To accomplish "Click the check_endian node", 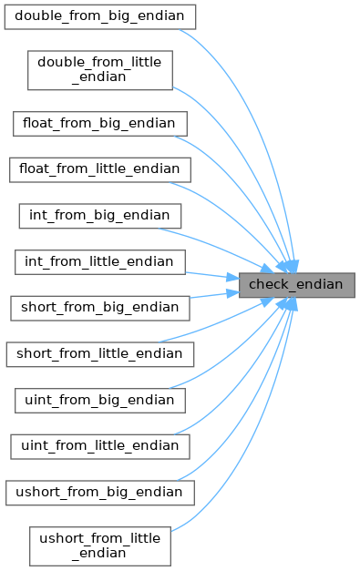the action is tap(296, 285).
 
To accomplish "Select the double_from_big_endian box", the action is tap(100, 16).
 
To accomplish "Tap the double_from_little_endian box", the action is tap(100, 70).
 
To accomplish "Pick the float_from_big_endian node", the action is tap(100, 124).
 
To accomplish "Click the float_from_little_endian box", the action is tap(100, 170).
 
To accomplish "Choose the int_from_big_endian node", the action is tap(100, 216).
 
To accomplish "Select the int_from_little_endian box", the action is tap(100, 262).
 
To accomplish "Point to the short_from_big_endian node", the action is tap(100, 308).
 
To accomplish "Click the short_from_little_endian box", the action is tap(100, 354).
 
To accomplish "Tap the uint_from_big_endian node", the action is tap(100, 401).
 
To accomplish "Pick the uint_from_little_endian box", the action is tap(100, 446).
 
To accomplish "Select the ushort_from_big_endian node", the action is tap(100, 493).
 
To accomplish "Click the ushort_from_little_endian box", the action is tap(100, 546).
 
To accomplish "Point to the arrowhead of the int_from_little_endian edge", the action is tap(232, 278).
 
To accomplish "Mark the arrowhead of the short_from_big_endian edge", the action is tap(232, 292).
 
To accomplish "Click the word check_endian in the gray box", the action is tap(296, 284).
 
